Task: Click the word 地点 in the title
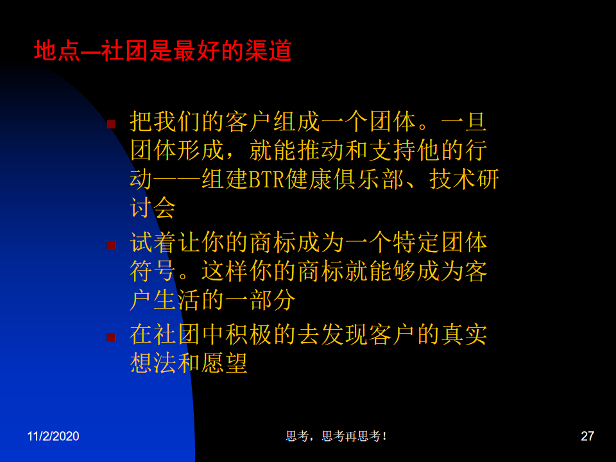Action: (x=57, y=51)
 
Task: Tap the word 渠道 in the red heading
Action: (x=268, y=51)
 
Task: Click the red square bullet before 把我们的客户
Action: (x=111, y=124)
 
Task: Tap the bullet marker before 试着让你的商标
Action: (x=111, y=245)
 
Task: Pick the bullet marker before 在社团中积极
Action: (x=111, y=337)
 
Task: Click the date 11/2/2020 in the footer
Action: (x=53, y=436)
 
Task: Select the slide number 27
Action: (x=587, y=436)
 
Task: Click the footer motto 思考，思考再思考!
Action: (x=336, y=436)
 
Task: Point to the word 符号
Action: (x=153, y=271)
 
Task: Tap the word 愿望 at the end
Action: (x=224, y=363)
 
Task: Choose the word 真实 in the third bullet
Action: (x=464, y=334)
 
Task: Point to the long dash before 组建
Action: (x=177, y=180)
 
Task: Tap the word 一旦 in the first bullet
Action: (x=464, y=121)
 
